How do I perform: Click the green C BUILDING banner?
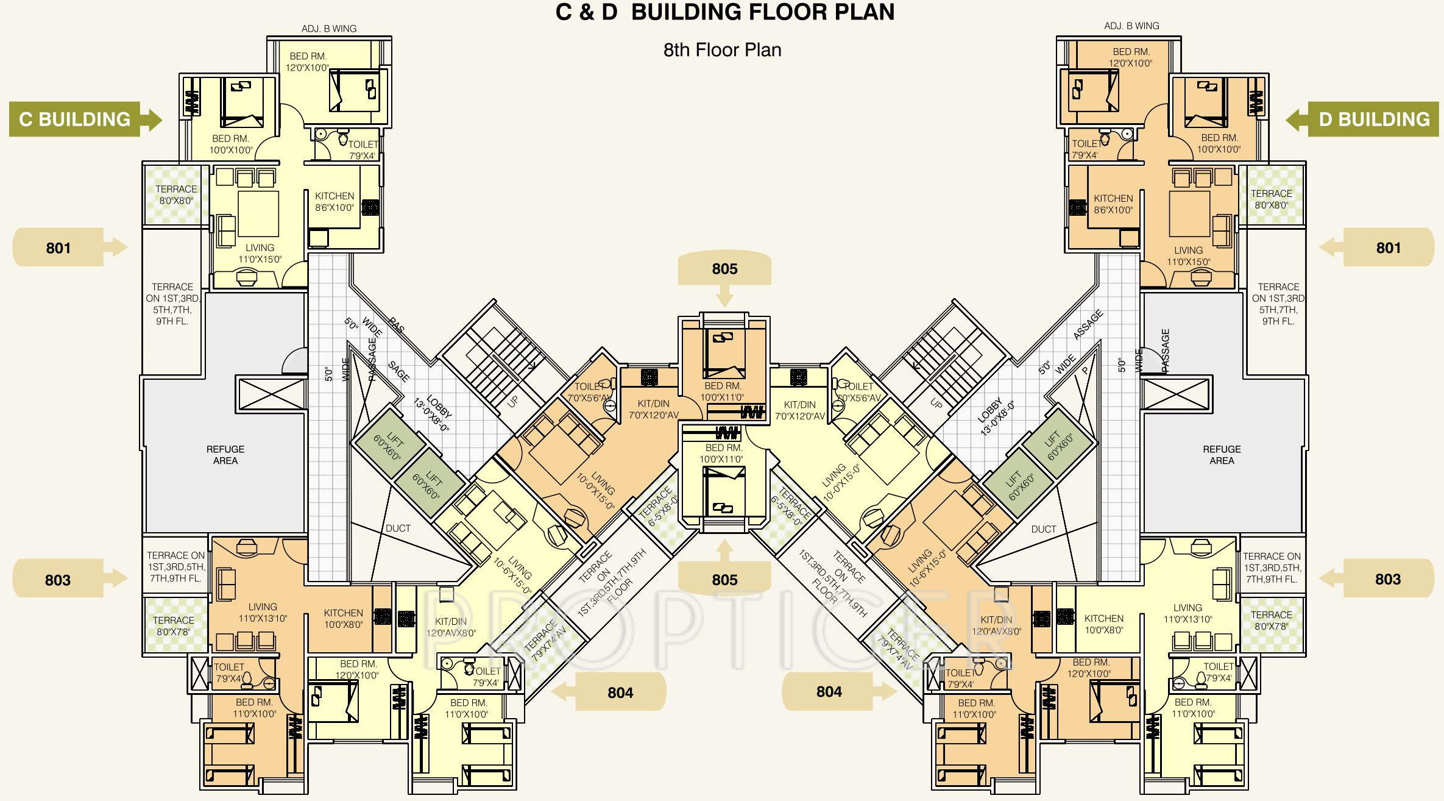[x=75, y=119]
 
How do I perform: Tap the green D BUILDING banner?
[x=1374, y=119]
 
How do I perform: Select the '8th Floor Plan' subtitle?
[x=722, y=50]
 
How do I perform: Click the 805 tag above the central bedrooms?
[x=724, y=269]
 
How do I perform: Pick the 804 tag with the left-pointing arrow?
[x=620, y=692]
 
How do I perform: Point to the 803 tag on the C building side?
[x=58, y=580]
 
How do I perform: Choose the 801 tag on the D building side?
[x=1388, y=247]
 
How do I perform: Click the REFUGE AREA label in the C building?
[x=225, y=455]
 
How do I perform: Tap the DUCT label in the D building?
[x=1043, y=529]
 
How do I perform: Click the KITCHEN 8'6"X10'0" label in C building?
[x=334, y=202]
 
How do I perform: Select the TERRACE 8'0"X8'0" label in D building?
[x=1271, y=199]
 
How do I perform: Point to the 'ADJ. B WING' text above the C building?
[x=329, y=29]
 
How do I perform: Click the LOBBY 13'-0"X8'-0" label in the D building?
[x=996, y=417]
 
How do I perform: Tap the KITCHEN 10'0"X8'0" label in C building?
[x=343, y=619]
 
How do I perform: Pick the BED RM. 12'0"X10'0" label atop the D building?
[x=1130, y=57]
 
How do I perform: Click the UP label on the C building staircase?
[x=512, y=401]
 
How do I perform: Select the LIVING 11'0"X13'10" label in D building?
[x=1187, y=613]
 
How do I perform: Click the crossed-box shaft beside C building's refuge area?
[x=272, y=394]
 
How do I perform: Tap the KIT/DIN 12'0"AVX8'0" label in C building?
[x=451, y=627]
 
